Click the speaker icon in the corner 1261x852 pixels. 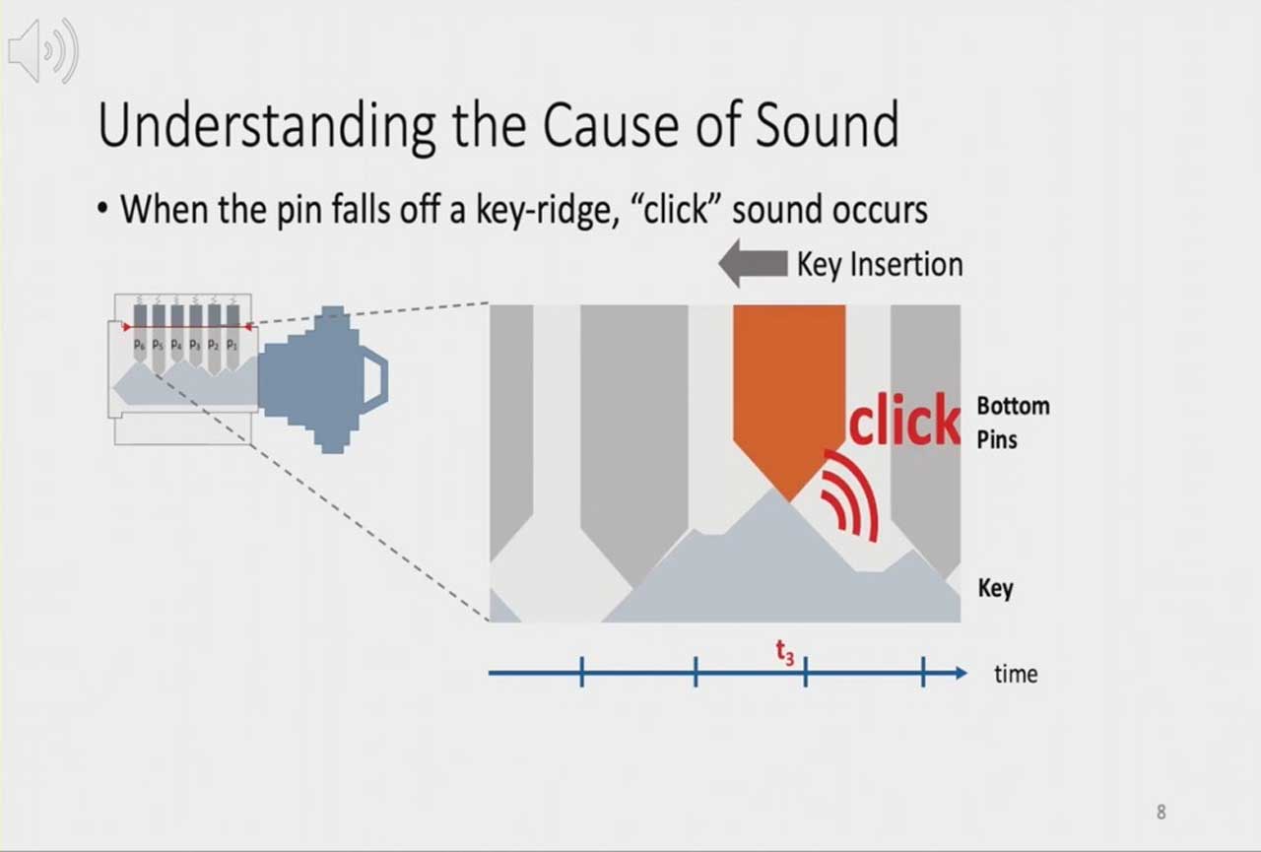click(43, 50)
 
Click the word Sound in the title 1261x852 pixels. click(827, 125)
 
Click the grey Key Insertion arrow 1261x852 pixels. click(754, 263)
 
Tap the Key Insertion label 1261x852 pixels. click(880, 265)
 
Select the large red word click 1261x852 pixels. click(903, 420)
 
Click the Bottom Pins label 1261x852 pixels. click(1013, 423)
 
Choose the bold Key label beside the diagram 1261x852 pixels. click(995, 589)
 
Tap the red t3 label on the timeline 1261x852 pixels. click(785, 653)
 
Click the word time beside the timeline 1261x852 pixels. click(1016, 674)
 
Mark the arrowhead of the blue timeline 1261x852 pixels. click(961, 673)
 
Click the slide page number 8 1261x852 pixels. click(1161, 812)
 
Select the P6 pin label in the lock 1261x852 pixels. click(140, 345)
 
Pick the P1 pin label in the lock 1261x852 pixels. click(232, 345)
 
